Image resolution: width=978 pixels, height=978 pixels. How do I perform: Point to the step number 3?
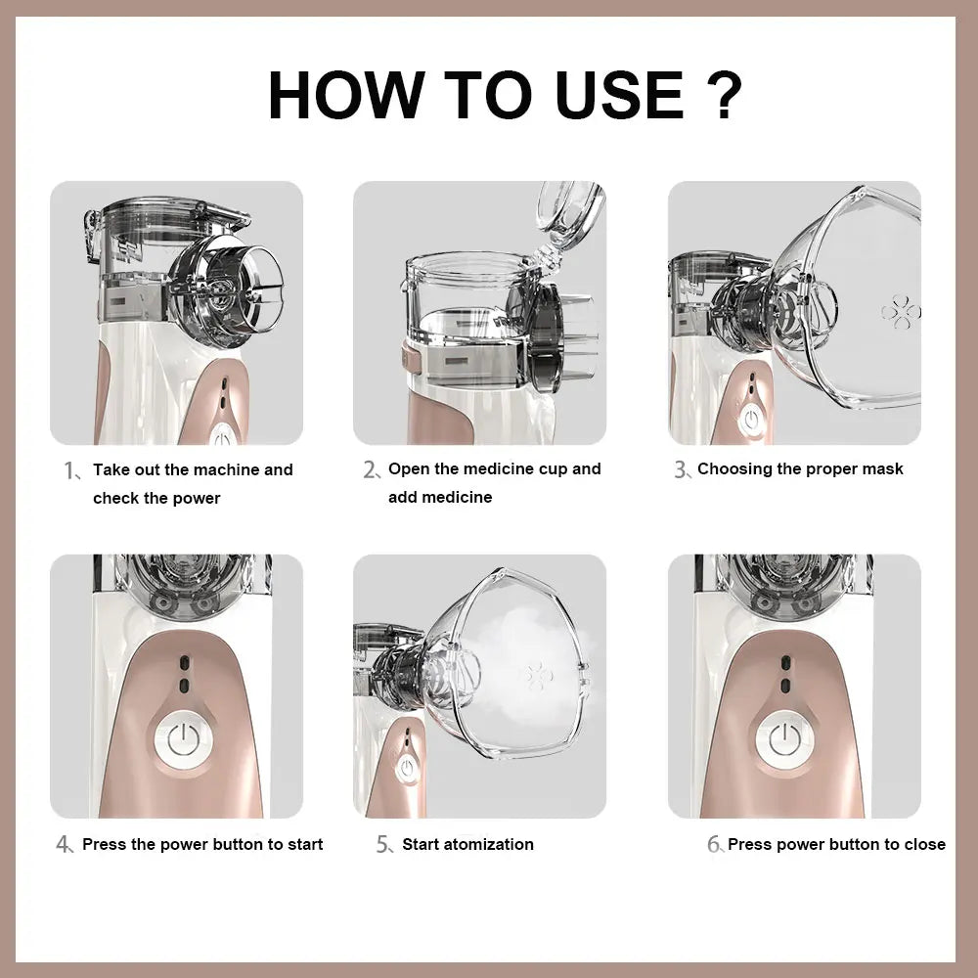tap(682, 470)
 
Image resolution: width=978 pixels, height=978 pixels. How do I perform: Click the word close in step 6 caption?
tap(924, 844)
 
